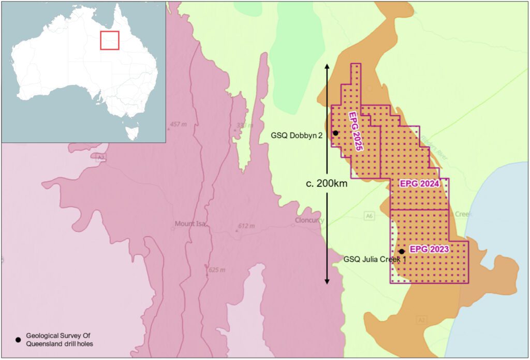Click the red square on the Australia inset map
pyautogui.click(x=110, y=40)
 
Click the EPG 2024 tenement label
pyautogui.click(x=420, y=184)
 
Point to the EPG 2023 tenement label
pyautogui.click(x=429, y=249)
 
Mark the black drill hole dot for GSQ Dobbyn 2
pyautogui.click(x=335, y=133)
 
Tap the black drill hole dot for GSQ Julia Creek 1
pyautogui.click(x=402, y=251)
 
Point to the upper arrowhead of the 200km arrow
pyautogui.click(x=327, y=67)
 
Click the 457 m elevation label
pyautogui.click(x=176, y=125)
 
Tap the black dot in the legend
pyautogui.click(x=18, y=340)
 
